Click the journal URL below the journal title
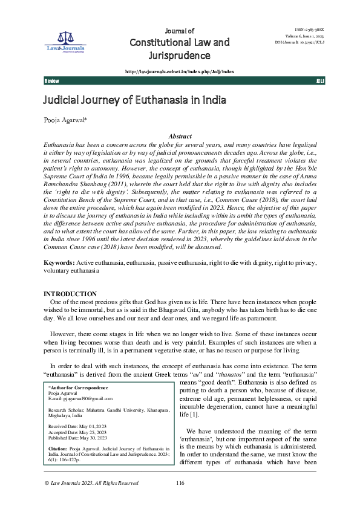(179, 71)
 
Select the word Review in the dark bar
(51, 80)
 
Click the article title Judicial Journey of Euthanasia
(133, 100)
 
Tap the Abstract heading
(180, 137)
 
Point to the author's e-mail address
(82, 399)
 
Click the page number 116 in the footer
(180, 499)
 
